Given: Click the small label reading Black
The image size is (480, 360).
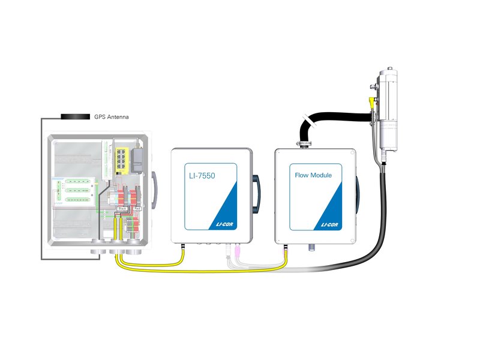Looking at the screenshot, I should [x=123, y=208].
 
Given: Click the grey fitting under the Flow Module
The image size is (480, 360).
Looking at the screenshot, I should [x=311, y=248].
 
